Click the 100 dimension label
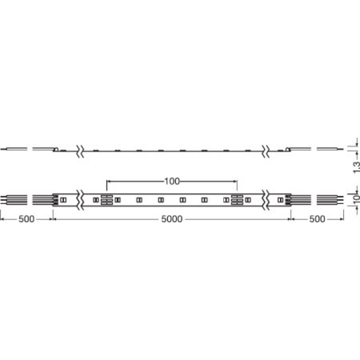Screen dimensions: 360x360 pyautogui.click(x=172, y=181)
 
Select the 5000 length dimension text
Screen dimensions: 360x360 pyautogui.click(x=172, y=219)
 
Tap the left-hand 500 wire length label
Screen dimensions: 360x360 pyautogui.click(x=27, y=219)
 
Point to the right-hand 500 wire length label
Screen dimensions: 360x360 pyautogui.click(x=317, y=219)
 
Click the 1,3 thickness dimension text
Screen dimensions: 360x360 pyautogui.click(x=356, y=167)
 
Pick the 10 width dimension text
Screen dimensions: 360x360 pyautogui.click(x=356, y=200)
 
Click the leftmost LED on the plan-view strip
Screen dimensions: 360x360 pyautogui.click(x=63, y=200)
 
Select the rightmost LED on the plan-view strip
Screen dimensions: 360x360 pyautogui.click(x=280, y=200)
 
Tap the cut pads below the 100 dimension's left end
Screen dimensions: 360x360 pyautogui.click(x=107, y=200)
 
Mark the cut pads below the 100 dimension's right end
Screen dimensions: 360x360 pyautogui.click(x=237, y=200)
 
